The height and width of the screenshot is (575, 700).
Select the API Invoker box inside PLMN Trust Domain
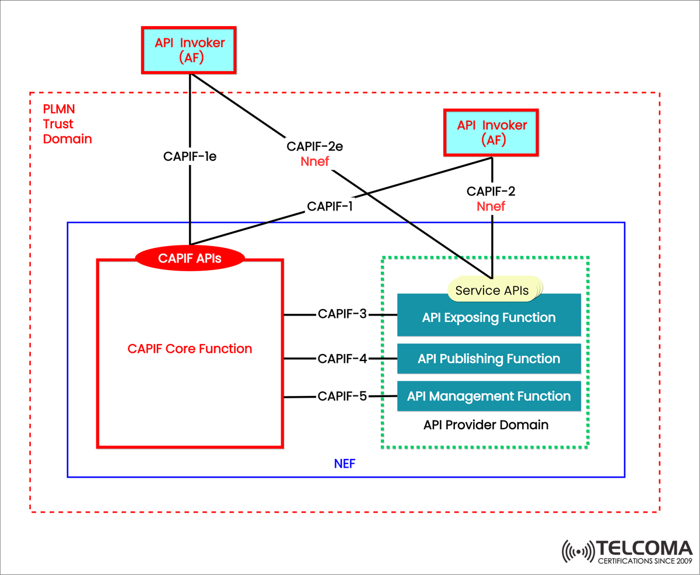tap(492, 132)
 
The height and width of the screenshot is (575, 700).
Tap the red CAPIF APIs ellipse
tap(190, 257)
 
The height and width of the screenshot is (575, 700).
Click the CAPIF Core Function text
tap(190, 349)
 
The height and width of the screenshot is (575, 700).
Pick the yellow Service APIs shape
tap(494, 290)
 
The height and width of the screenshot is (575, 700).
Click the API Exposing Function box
tap(489, 318)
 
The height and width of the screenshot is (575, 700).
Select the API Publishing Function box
tap(489, 359)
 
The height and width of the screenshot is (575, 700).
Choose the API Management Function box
tap(489, 396)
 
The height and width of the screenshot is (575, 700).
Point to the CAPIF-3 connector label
tap(342, 314)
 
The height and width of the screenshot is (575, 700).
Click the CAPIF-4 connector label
tap(342, 359)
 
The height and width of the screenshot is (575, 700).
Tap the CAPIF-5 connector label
tap(342, 397)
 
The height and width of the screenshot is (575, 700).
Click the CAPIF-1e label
tap(190, 156)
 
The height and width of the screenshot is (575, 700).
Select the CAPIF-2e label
tap(314, 146)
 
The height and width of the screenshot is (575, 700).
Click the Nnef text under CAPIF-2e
tap(314, 161)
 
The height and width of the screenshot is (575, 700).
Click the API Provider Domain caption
tap(485, 425)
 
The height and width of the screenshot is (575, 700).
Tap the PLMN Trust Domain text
tap(67, 124)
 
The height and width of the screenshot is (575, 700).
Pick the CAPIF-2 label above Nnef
tap(491, 191)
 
